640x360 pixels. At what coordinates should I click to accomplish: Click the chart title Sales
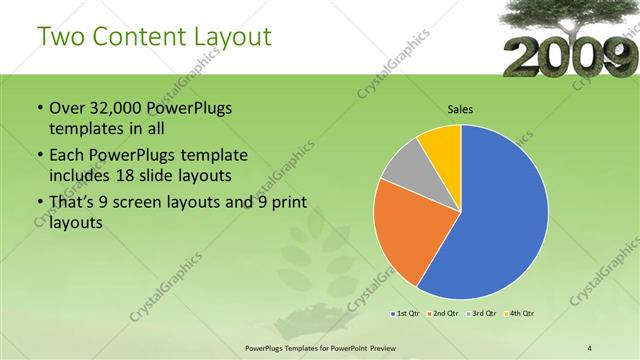coord(460,109)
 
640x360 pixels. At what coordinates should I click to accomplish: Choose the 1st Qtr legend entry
coord(406,314)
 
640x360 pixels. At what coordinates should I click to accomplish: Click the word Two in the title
coord(59,37)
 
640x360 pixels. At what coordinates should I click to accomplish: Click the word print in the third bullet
coord(285,204)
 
